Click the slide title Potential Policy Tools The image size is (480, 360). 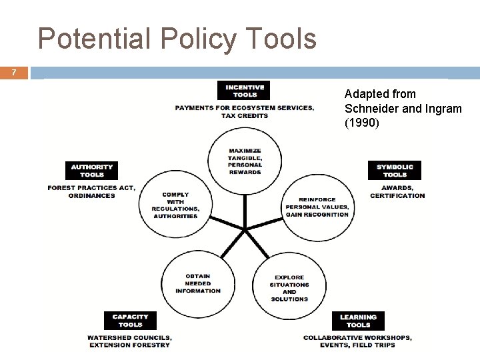(177, 39)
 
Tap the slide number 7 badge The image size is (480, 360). (14, 72)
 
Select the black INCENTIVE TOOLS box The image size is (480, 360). (245, 91)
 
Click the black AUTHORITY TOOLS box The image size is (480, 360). (92, 171)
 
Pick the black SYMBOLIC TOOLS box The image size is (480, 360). (395, 171)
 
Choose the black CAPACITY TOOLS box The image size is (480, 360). (131, 321)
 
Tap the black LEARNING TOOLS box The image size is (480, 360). (358, 321)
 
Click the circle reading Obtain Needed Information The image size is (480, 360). (197, 283)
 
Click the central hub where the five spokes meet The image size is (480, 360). (245, 230)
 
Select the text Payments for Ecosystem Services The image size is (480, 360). (245, 108)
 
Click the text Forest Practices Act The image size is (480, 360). (91, 188)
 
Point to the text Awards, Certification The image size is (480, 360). (397, 191)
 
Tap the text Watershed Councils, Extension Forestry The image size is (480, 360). (129, 341)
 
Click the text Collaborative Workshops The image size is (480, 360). (357, 338)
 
